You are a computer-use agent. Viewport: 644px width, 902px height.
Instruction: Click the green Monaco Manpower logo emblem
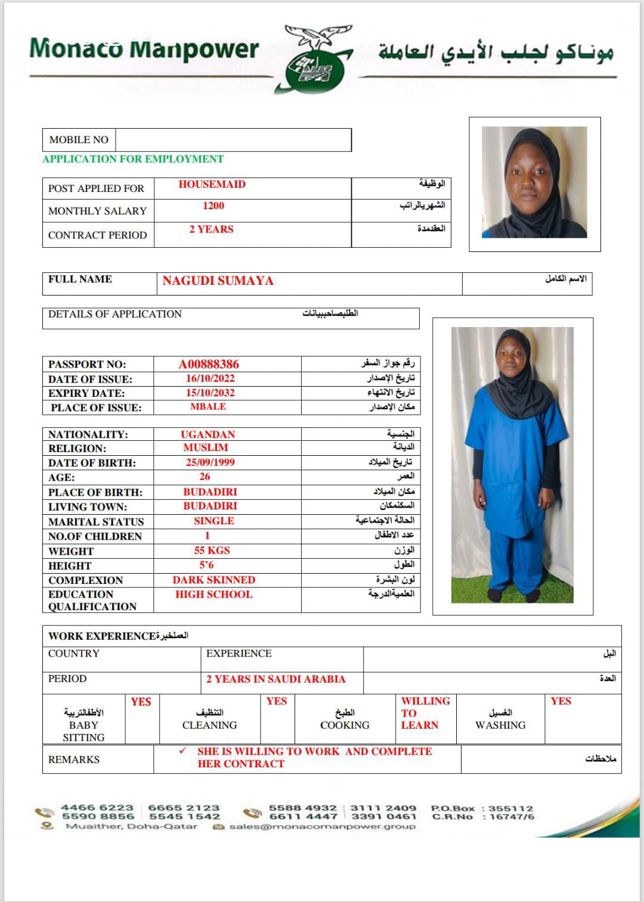[x=314, y=64]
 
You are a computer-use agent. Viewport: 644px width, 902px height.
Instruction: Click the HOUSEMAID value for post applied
[x=212, y=184]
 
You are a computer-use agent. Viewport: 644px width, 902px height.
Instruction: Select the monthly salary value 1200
[x=213, y=206]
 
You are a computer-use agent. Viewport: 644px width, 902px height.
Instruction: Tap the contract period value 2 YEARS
[x=211, y=229]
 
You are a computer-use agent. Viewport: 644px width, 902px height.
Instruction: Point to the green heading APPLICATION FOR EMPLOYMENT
[x=133, y=159]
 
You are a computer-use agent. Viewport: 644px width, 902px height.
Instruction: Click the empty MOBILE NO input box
[x=233, y=140]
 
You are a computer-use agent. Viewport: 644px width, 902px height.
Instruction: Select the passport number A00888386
[x=209, y=364]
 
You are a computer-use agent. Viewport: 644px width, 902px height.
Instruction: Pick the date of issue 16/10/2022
[x=210, y=378]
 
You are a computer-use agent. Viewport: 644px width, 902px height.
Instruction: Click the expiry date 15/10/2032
[x=210, y=393]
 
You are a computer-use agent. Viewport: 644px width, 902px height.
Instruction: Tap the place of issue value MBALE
[x=208, y=406]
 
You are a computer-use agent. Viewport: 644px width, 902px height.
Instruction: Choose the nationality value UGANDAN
[x=208, y=434]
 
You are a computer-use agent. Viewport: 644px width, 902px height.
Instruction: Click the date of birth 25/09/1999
[x=210, y=462]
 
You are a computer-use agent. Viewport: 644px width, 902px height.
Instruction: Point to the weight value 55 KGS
[x=212, y=550]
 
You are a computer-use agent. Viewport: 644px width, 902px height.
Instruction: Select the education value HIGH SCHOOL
[x=213, y=594]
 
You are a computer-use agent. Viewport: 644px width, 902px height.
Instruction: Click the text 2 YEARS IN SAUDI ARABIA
[x=275, y=679]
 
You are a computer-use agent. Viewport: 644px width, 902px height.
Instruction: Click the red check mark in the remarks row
[x=182, y=751]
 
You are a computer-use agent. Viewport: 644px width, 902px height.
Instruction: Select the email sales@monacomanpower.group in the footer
[x=322, y=827]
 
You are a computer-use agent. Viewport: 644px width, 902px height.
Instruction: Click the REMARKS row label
[x=74, y=760]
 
